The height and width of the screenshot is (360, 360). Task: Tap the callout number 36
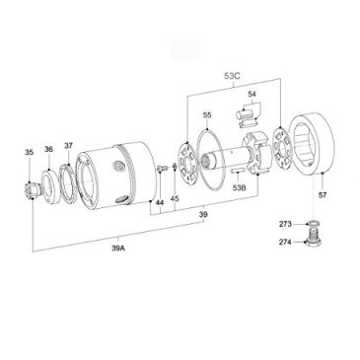click(x=48, y=149)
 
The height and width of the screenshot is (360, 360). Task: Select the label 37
click(x=68, y=145)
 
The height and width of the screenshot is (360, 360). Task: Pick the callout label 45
click(x=176, y=197)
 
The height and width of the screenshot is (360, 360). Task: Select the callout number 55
click(x=207, y=115)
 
